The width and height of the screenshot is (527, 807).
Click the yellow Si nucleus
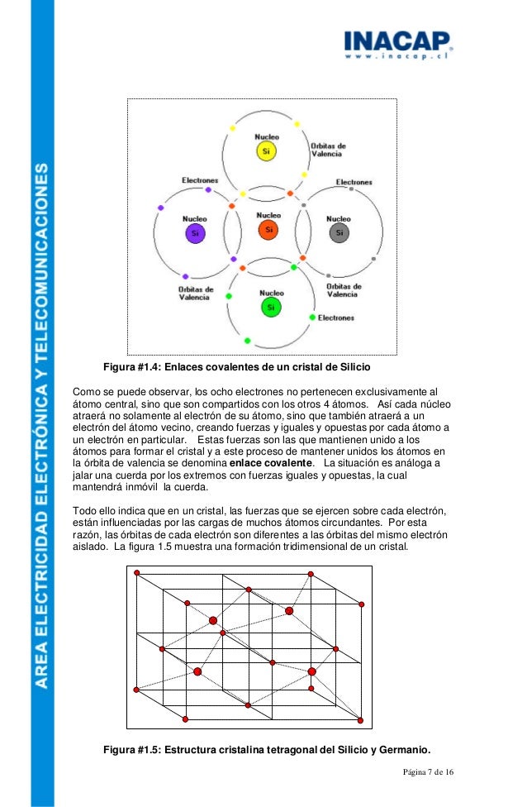pyautogui.click(x=266, y=152)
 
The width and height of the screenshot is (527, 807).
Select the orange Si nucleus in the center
pyautogui.click(x=266, y=229)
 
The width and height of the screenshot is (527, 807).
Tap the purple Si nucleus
pyautogui.click(x=195, y=232)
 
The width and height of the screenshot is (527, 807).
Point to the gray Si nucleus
pyautogui.click(x=339, y=233)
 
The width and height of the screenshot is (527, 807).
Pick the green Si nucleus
pyautogui.click(x=272, y=308)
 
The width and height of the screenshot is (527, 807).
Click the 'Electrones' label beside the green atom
pyautogui.click(x=336, y=318)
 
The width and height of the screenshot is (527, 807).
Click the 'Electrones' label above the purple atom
pyautogui.click(x=200, y=179)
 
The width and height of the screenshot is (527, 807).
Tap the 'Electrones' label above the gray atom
pyautogui.click(x=354, y=182)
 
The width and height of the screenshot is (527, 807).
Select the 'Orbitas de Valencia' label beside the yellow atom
pyautogui.click(x=328, y=150)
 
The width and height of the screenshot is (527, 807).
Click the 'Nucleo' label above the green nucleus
pyautogui.click(x=272, y=293)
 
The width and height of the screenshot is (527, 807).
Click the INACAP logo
pyautogui.click(x=396, y=41)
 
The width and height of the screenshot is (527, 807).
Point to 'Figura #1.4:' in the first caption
pyautogui.click(x=133, y=365)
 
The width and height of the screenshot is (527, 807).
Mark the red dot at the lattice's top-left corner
pyautogui.click(x=137, y=572)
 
